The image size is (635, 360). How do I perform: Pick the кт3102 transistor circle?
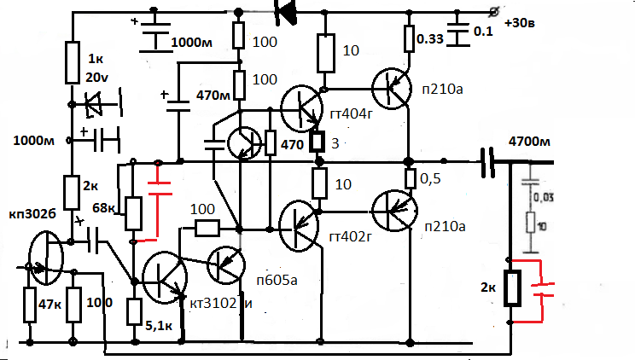164,277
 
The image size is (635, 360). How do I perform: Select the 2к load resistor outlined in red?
511,288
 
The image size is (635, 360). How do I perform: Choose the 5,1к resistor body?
134,312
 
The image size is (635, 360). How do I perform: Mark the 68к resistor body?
133,214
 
